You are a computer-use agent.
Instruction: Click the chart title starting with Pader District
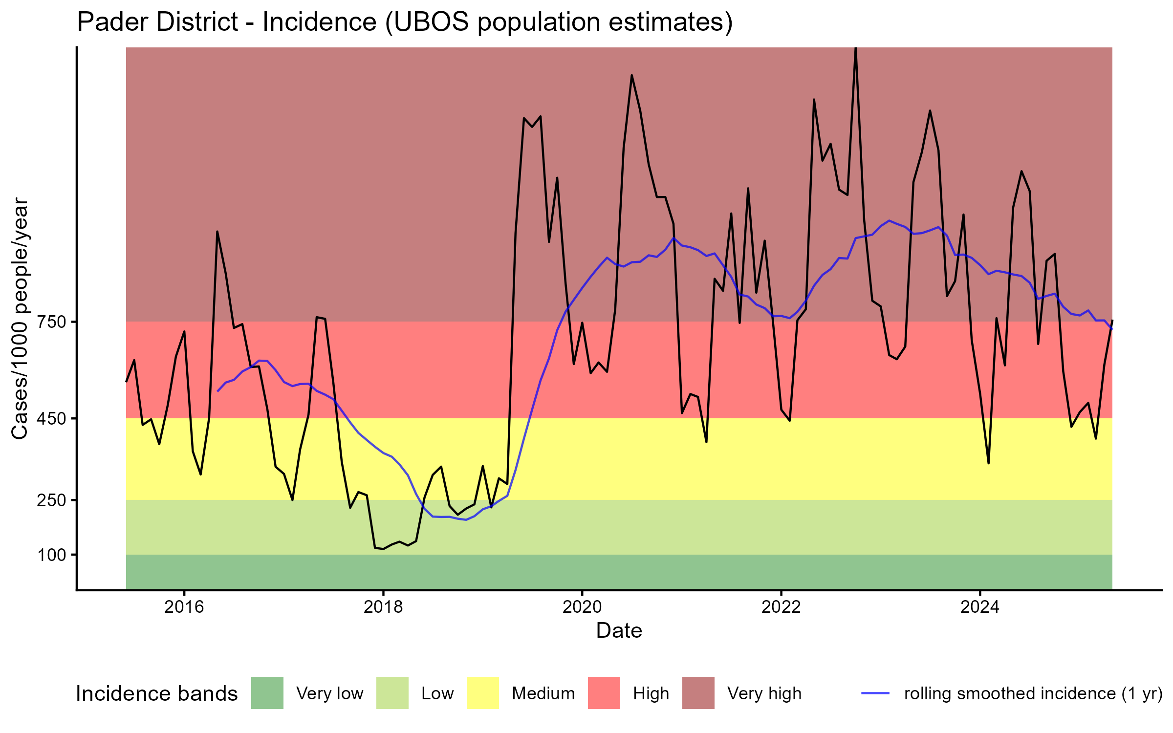coord(405,22)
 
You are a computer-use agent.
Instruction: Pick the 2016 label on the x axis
coord(184,607)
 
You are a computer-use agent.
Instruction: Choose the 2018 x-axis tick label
coord(383,607)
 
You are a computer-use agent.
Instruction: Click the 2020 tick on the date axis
coord(582,607)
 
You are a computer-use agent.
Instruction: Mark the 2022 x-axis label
coord(781,607)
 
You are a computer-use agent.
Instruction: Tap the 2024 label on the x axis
coord(980,607)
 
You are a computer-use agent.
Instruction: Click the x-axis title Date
coord(619,631)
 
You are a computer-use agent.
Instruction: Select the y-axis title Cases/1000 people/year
coord(21,319)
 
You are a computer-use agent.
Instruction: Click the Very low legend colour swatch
coord(267,693)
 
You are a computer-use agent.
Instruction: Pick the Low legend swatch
coord(392,693)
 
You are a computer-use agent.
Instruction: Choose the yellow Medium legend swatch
coord(483,693)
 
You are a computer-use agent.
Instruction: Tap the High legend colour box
coord(604,693)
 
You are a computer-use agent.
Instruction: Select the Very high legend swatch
coord(698,693)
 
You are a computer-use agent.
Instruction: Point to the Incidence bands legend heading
coord(156,694)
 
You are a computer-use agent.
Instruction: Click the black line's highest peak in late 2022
coord(855,49)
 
